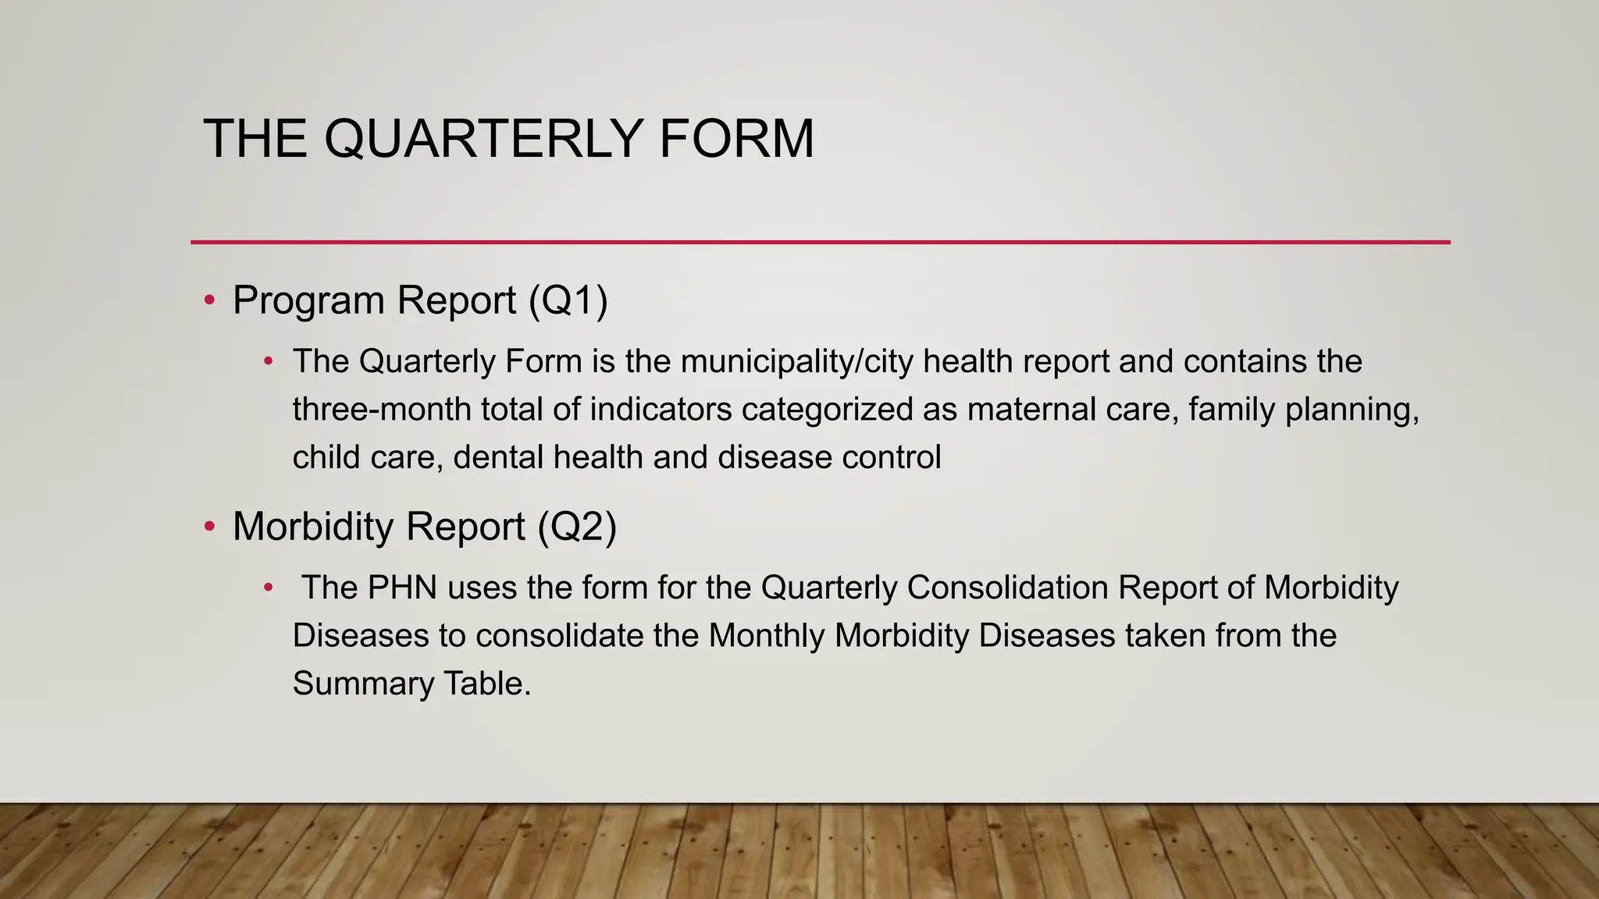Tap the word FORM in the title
point(736,139)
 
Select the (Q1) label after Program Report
point(568,300)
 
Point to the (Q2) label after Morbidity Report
point(577,527)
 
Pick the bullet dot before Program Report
point(209,300)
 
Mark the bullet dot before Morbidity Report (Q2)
point(209,527)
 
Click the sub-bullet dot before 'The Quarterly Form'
point(269,361)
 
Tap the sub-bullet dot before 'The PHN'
point(269,588)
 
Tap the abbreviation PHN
point(402,588)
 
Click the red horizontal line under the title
point(820,242)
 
